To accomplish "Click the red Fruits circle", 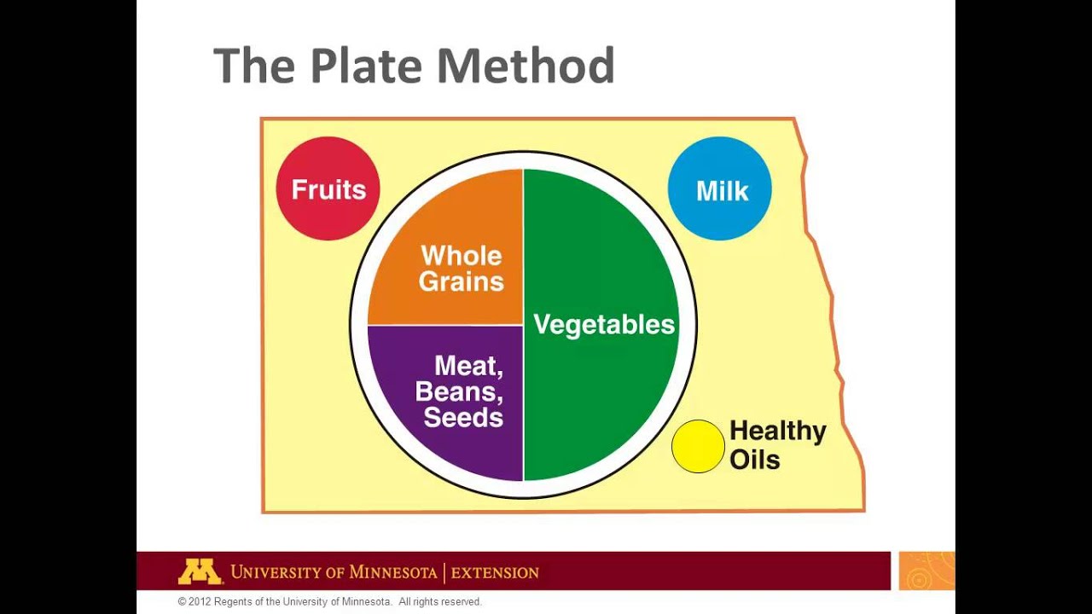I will point(328,188).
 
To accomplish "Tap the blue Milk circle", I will point(720,188).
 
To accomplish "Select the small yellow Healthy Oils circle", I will point(698,446).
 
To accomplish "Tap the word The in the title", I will point(255,66).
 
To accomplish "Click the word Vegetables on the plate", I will point(604,324).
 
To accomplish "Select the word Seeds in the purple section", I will point(463,417).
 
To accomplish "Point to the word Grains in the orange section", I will point(462,281).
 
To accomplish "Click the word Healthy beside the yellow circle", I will point(777,432).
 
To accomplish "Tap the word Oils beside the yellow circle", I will point(754,460).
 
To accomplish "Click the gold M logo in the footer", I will point(200,571).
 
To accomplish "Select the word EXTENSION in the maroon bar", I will point(495,572).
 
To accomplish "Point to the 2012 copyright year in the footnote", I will point(200,602).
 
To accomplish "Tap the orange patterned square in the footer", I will point(926,571).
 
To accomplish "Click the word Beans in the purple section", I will point(458,391).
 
